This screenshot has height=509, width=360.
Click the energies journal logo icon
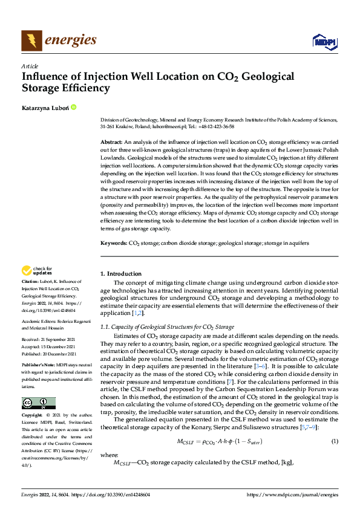tap(31, 41)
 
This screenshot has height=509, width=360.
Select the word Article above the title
tap(30, 66)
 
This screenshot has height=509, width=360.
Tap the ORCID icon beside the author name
tap(74, 107)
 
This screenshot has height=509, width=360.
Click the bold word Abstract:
tap(112, 140)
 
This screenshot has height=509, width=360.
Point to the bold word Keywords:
tap(114, 242)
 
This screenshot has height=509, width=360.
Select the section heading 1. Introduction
tap(121, 274)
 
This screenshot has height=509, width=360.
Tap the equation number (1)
tap(335, 425)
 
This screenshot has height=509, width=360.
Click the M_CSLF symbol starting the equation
tap(186, 426)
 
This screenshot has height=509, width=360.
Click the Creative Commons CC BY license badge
tap(38, 403)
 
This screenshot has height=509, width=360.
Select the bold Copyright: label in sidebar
tap(32, 416)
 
